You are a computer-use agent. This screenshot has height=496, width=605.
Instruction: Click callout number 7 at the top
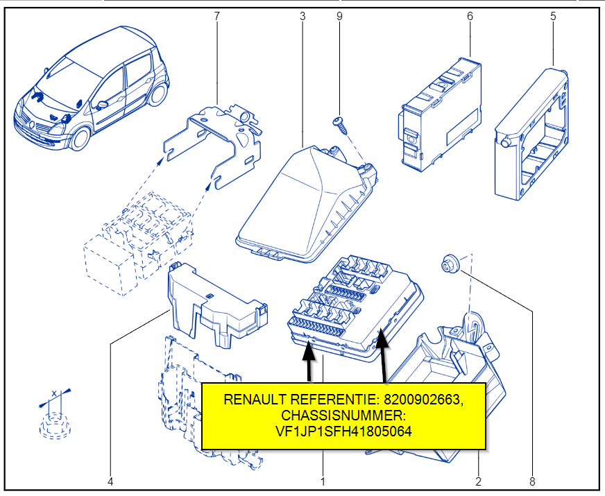click(216, 15)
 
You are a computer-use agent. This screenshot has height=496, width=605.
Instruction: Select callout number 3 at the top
click(302, 15)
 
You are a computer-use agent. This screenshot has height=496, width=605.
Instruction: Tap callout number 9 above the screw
click(339, 15)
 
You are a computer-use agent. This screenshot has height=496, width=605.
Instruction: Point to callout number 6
click(470, 15)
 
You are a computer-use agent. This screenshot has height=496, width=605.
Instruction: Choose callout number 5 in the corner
click(553, 15)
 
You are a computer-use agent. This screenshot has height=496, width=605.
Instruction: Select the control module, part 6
click(441, 114)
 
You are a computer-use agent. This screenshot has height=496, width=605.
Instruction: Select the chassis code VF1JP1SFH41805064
click(343, 430)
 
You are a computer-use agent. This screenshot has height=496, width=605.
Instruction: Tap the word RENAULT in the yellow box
click(251, 400)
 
